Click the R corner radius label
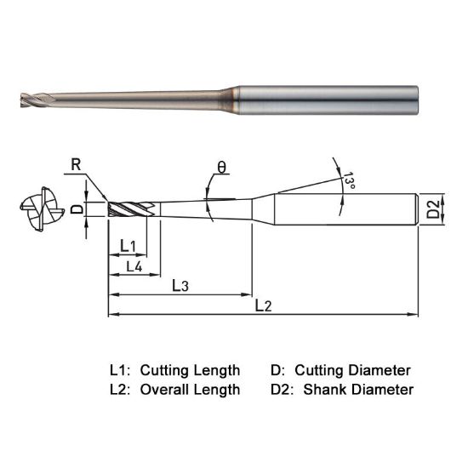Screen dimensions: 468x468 pos(77,165)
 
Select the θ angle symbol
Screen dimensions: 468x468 pos(222,168)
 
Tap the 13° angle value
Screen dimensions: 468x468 pos(348,181)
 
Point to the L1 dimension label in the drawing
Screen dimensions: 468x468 pos(128,246)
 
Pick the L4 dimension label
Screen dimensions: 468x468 pos(134,266)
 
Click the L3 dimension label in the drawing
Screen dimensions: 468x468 pos(180,285)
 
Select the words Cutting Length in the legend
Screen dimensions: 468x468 pos(189,370)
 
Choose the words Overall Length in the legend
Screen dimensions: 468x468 pos(189,390)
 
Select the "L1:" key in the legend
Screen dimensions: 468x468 pos(120,370)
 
